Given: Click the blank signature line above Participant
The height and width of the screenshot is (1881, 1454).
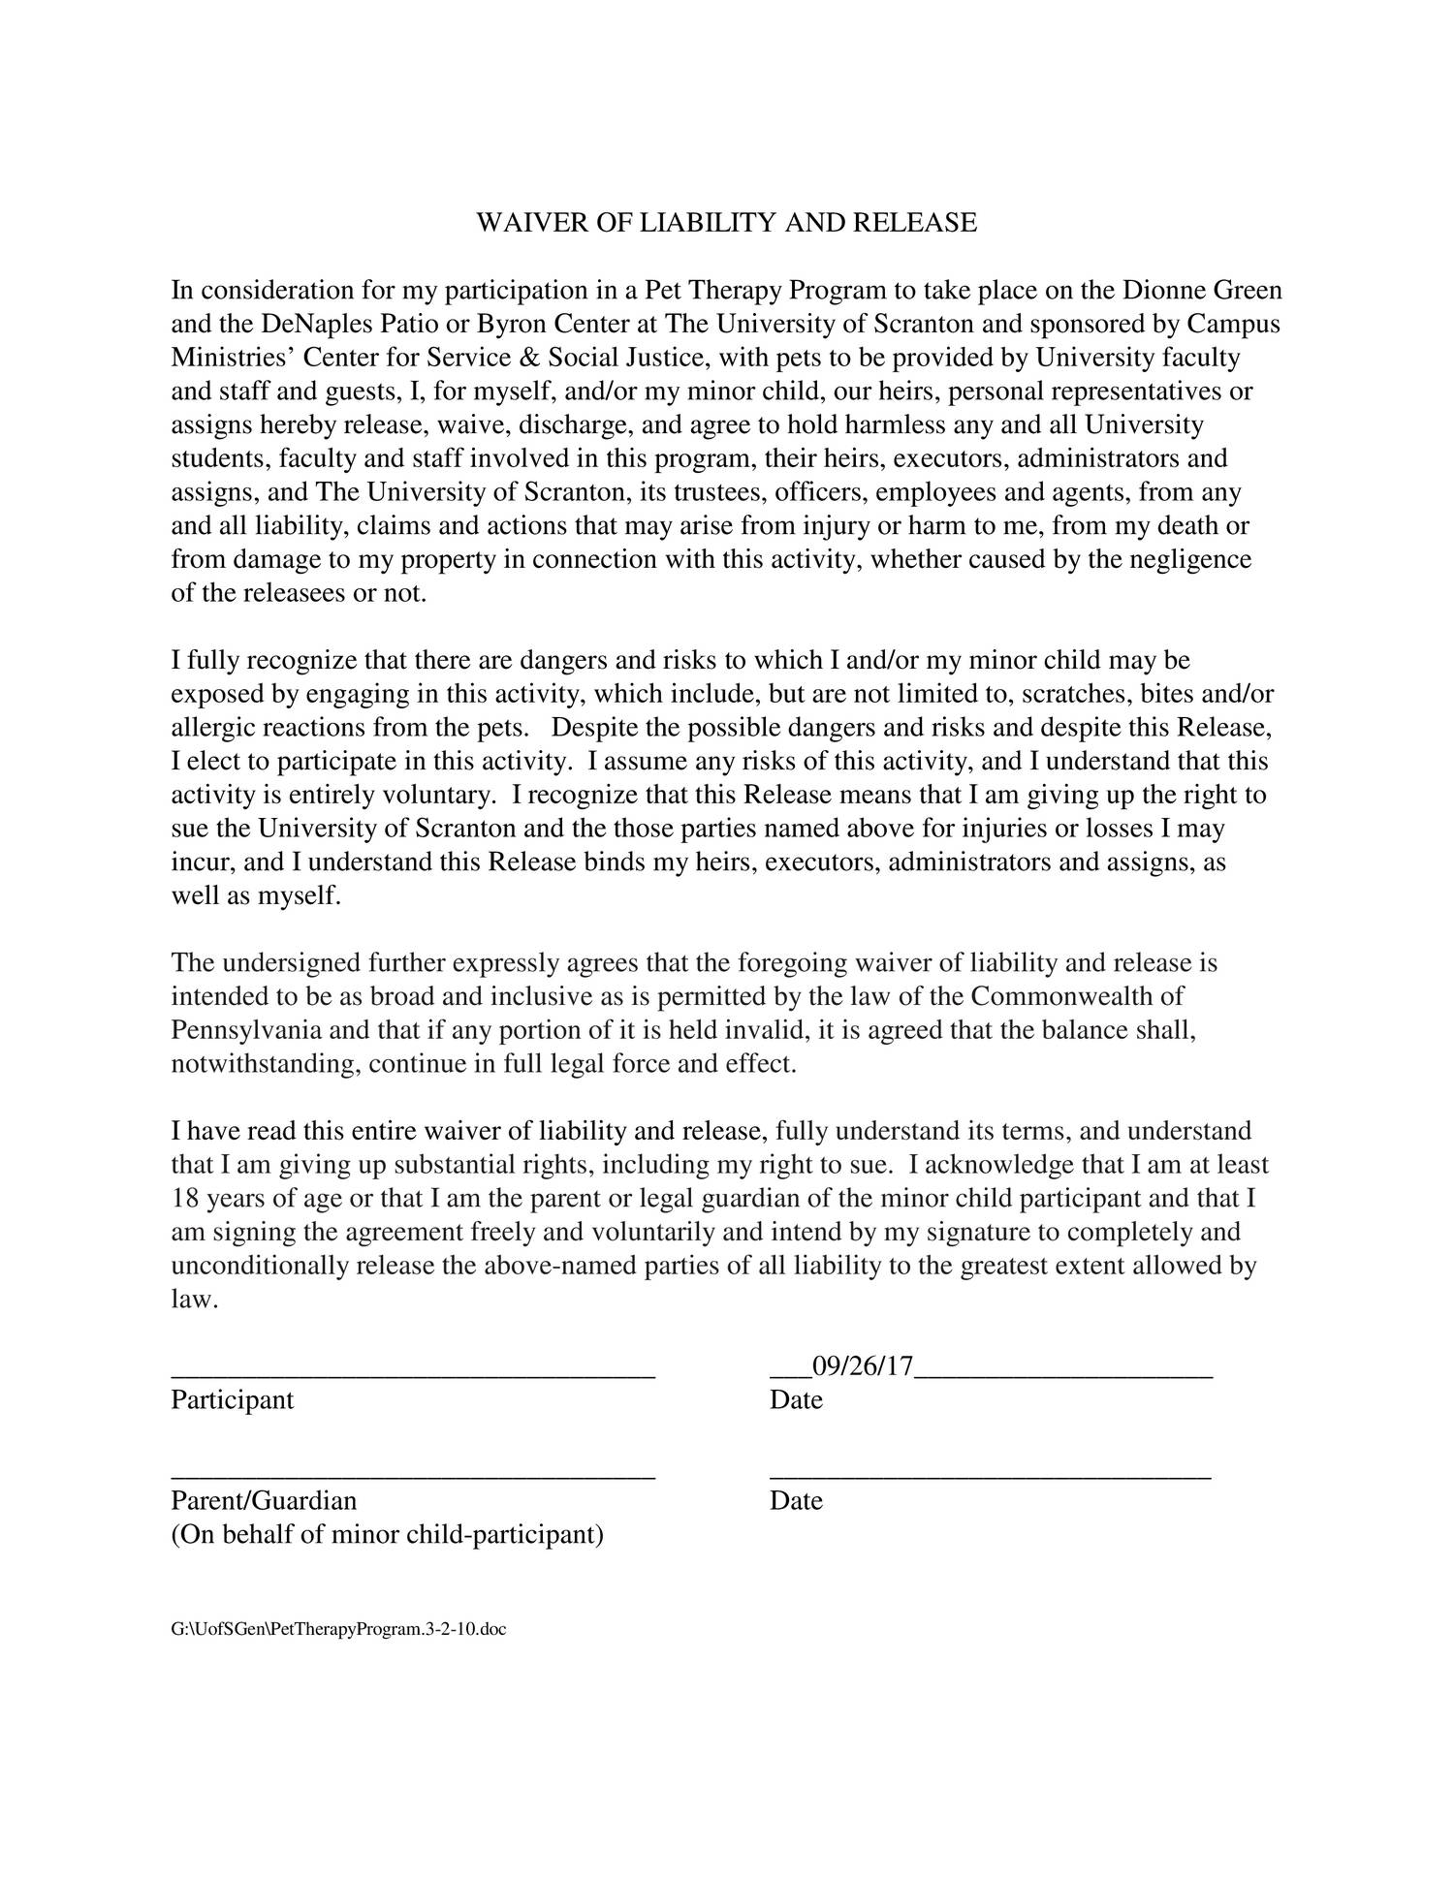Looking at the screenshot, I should pyautogui.click(x=413, y=1373).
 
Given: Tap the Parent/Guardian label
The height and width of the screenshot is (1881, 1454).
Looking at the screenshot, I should pyautogui.click(x=264, y=1501).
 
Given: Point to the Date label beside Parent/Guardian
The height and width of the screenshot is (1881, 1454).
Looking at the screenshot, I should pyautogui.click(x=796, y=1501).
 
